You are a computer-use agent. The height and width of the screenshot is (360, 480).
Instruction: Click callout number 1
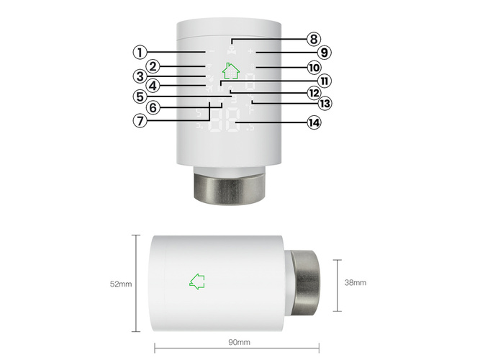coord(141,52)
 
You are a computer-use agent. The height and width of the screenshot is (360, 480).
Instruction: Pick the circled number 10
coord(313,68)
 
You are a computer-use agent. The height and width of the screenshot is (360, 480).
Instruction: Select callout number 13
coord(325,104)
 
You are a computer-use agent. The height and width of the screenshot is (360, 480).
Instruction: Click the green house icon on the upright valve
coord(230,71)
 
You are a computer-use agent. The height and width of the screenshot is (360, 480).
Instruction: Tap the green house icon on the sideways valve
coord(196,282)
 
